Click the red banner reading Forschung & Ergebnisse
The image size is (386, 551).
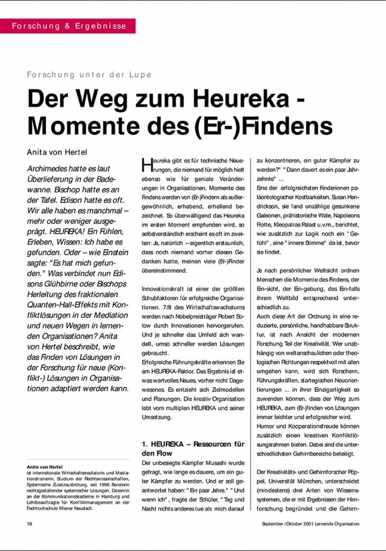[x=68, y=26]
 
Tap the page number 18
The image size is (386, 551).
[x=30, y=523]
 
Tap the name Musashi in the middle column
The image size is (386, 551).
[x=221, y=464]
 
